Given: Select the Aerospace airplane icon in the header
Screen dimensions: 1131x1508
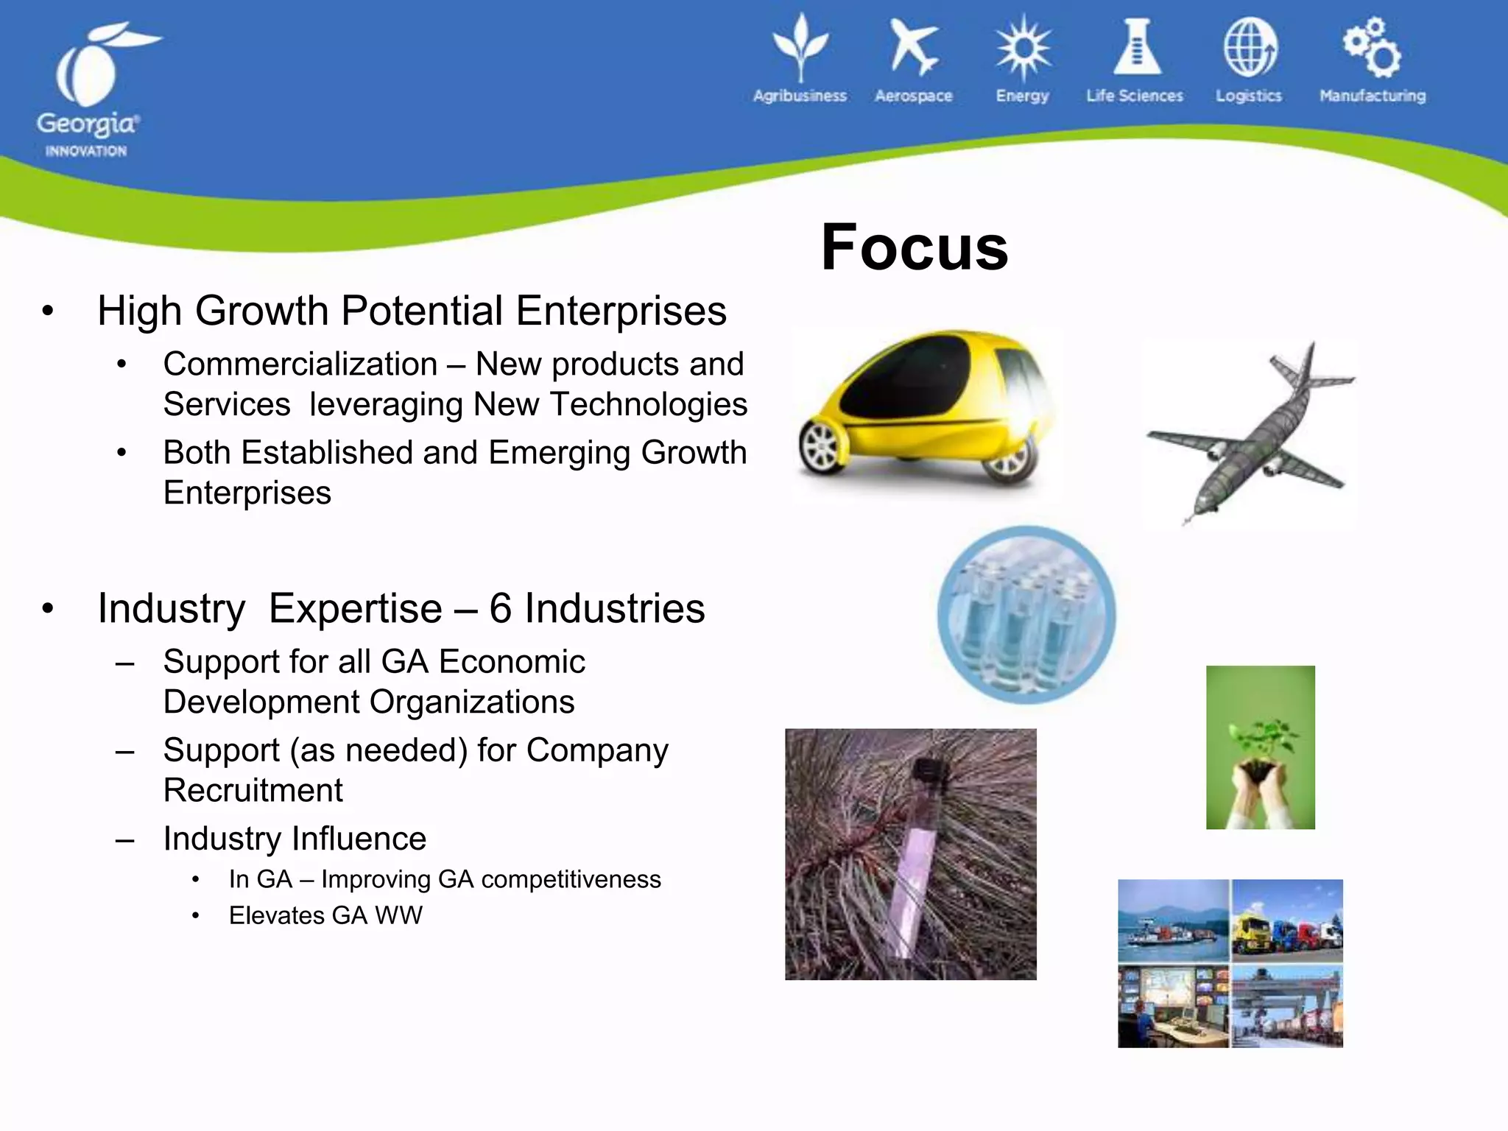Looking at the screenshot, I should (913, 48).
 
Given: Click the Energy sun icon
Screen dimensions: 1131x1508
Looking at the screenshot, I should (1023, 49).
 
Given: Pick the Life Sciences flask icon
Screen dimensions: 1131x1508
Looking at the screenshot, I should (1136, 48).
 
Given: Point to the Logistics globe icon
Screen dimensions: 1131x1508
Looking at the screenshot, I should (1250, 49).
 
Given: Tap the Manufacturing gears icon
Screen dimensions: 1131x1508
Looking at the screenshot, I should (1372, 48).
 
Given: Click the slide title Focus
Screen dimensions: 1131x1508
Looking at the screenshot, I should (915, 247).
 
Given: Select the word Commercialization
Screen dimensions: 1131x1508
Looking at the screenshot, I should (300, 364).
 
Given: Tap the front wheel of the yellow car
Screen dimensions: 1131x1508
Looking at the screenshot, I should (822, 447).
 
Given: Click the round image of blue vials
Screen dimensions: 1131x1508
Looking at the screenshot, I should (1026, 615).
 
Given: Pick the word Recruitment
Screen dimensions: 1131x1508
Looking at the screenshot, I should (253, 791).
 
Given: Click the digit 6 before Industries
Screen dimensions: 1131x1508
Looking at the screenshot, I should (500, 609).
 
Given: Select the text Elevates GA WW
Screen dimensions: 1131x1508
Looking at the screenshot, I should (325, 916).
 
